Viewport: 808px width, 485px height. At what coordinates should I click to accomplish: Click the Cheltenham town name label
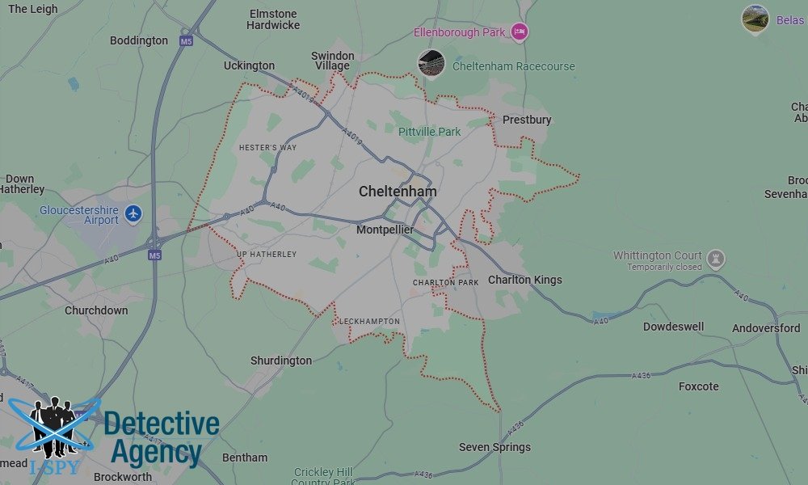(x=398, y=192)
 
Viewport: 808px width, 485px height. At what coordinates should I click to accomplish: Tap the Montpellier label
(x=385, y=230)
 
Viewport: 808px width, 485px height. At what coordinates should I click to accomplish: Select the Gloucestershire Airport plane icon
(x=133, y=214)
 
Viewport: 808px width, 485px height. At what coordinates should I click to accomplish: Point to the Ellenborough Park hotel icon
(x=519, y=32)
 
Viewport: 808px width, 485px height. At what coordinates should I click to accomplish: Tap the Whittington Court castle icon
(x=715, y=259)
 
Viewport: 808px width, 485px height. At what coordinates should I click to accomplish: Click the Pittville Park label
(x=429, y=132)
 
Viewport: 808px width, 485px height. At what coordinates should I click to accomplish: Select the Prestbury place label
(x=527, y=120)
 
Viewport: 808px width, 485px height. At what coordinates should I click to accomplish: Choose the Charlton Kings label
(x=524, y=280)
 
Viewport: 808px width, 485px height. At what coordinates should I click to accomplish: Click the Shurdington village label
(x=280, y=361)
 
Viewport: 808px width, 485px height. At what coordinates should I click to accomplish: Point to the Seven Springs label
(x=494, y=447)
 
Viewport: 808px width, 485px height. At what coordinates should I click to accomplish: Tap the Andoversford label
(x=766, y=328)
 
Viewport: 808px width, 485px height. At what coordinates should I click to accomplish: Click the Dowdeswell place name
(x=673, y=327)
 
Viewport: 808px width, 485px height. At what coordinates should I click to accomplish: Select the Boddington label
(x=139, y=40)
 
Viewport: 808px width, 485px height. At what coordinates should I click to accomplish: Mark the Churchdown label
(x=96, y=310)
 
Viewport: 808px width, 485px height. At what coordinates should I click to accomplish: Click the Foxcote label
(x=698, y=386)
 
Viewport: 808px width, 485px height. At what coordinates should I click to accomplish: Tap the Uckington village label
(x=249, y=65)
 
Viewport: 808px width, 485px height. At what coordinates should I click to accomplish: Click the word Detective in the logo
(x=162, y=424)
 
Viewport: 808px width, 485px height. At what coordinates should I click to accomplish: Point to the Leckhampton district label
(x=369, y=322)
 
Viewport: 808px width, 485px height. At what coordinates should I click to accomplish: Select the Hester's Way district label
(x=267, y=148)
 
